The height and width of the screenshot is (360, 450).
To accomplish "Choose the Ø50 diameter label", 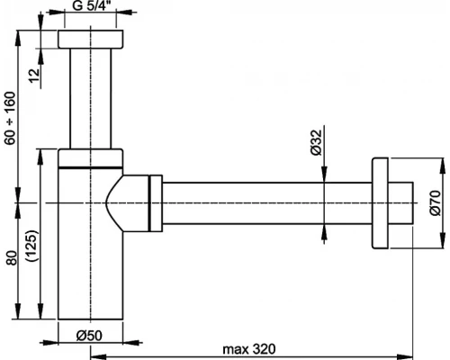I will coord(88,335).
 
